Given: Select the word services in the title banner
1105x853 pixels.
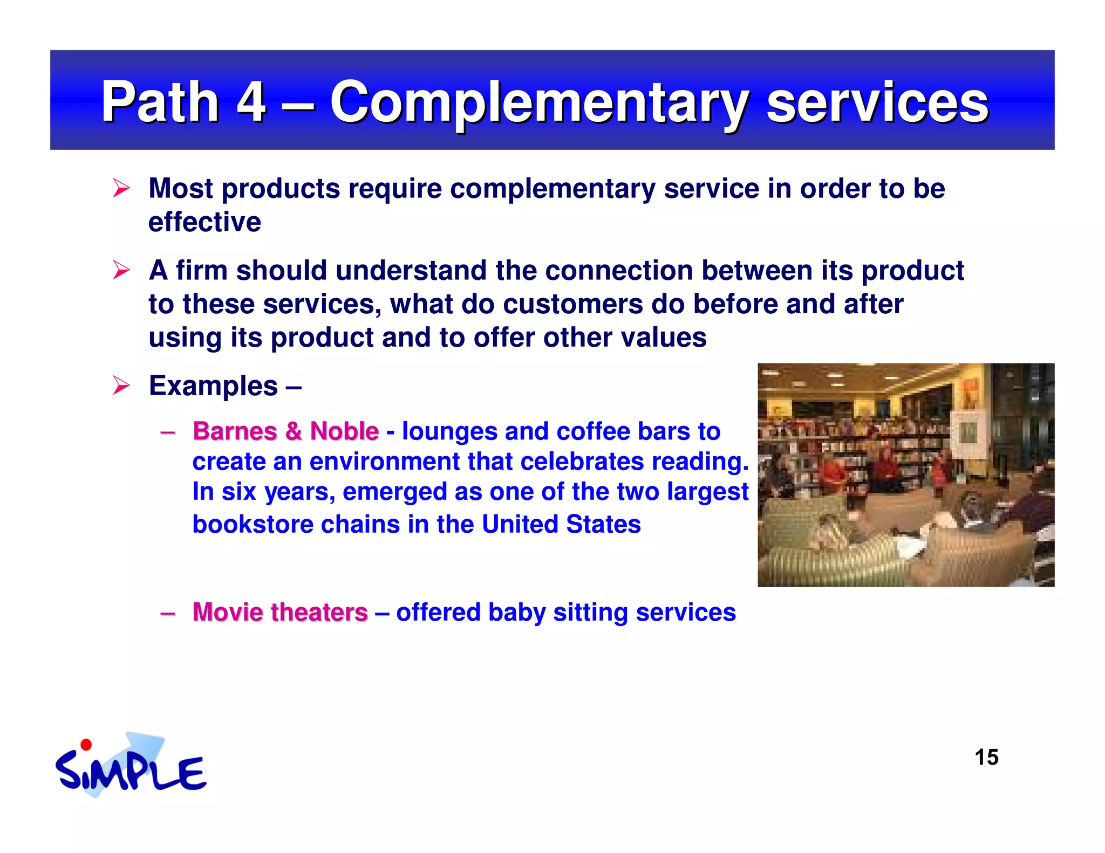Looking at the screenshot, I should coord(877,102).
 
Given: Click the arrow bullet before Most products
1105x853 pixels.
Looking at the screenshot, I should coord(121,188).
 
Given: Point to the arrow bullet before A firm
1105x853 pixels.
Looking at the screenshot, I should coord(121,270).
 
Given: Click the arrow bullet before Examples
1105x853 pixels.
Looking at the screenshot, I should coord(121,386).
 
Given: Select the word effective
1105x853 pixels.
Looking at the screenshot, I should coord(204,222).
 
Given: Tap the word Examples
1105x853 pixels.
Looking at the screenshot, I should coord(213,386).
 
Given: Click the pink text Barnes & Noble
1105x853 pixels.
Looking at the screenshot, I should coord(285,431).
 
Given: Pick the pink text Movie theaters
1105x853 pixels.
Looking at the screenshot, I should coord(280,613).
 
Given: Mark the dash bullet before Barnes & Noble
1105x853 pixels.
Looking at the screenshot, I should coord(168,432).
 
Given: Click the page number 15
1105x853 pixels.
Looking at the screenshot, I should coord(986,758).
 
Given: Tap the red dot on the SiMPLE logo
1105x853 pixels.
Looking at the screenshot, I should coord(86,745).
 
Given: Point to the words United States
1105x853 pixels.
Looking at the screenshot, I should coord(561,525).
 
